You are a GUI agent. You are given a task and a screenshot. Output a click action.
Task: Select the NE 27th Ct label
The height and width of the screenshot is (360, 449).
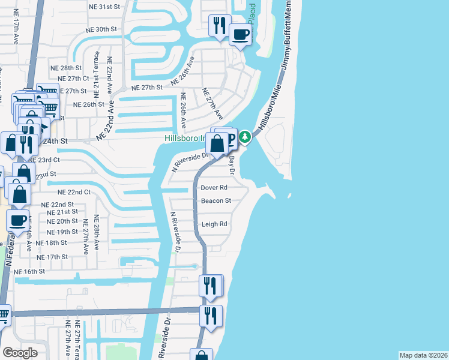click(73, 79)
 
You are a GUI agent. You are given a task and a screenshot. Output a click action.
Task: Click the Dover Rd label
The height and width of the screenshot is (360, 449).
click(214, 188)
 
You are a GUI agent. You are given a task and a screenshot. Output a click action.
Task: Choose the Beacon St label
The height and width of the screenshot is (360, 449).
click(216, 201)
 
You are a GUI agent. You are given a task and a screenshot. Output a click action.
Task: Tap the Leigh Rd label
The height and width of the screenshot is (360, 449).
click(214, 224)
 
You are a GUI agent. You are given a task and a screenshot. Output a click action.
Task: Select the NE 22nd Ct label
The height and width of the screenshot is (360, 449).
click(74, 193)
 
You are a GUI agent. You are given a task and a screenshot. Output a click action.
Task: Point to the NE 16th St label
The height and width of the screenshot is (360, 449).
click(30, 271)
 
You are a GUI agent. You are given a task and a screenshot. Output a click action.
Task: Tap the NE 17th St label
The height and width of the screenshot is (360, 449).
click(52, 257)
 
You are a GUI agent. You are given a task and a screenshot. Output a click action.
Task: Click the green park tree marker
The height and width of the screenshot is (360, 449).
click(245, 137)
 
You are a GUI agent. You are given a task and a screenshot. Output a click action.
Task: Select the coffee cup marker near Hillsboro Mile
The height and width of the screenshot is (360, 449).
click(240, 35)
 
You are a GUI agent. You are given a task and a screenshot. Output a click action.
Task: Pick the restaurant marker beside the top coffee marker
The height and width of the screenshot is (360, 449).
click(219, 26)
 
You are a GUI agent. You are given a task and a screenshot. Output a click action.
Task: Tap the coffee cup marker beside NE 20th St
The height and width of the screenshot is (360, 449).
click(19, 220)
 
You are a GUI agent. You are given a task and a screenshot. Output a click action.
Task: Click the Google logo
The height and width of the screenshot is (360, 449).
click(20, 353)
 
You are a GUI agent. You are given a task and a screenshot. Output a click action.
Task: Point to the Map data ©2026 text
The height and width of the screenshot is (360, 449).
click(423, 355)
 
